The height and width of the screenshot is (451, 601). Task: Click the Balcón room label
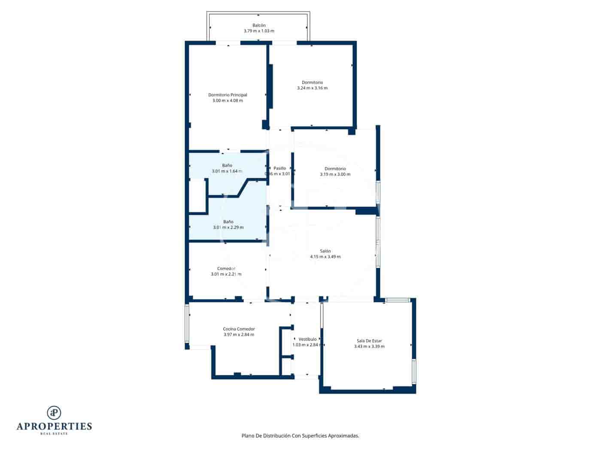coord(258,25)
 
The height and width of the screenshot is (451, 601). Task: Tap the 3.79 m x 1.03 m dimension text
coord(258,31)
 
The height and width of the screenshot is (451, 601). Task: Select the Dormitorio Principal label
coord(228,95)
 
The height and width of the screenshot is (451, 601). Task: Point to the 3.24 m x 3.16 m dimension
coord(312,88)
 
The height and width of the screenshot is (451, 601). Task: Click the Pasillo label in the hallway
coord(280,168)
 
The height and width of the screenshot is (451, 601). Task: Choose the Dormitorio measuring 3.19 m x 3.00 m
coord(335,169)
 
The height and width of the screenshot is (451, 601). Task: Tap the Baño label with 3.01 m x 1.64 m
coord(227,165)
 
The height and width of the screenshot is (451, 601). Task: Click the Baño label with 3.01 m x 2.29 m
coord(228,222)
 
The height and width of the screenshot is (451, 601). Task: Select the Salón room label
coord(325,251)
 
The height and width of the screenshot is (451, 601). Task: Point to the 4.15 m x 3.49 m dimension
coord(325,257)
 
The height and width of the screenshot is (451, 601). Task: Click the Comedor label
coord(226,268)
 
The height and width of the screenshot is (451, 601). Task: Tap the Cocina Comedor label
coord(239,329)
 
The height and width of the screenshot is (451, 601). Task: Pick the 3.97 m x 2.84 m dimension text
coord(239,335)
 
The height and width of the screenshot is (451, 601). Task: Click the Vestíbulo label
coord(307,339)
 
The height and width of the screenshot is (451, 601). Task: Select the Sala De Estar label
coord(369,341)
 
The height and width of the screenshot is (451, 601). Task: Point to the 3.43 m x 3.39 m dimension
coord(369,347)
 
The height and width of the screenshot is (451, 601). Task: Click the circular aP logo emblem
coord(54,412)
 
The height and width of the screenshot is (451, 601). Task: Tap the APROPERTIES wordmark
coord(54,426)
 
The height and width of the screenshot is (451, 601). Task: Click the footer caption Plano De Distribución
coord(300,436)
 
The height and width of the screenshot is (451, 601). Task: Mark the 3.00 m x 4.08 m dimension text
coord(228,101)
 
